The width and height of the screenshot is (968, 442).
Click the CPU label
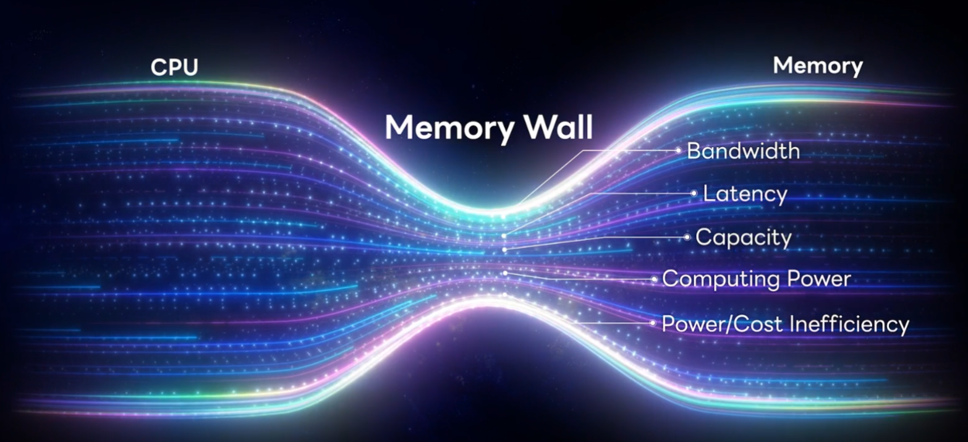[x=174, y=67]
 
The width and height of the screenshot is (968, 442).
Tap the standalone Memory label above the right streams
[x=817, y=66]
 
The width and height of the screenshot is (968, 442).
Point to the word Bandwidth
[x=743, y=151]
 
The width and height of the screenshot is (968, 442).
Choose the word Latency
[x=745, y=194]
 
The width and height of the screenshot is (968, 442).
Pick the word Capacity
[x=744, y=238]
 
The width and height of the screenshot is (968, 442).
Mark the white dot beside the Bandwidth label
[x=678, y=150]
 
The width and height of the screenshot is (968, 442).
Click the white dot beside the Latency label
[x=694, y=193]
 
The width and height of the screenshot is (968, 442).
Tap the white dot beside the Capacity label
[x=687, y=237]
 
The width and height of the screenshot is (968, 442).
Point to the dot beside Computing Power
[x=653, y=279]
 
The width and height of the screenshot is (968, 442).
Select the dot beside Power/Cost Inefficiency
[x=652, y=323]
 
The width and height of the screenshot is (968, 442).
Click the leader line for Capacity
[x=618, y=237]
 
